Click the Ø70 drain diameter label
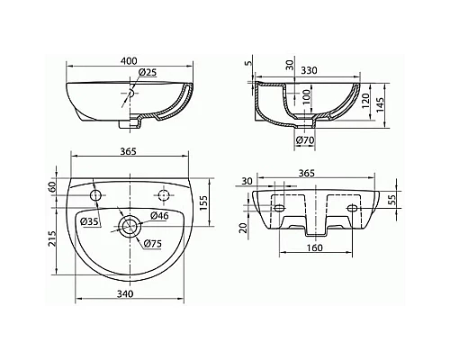pos(305,139)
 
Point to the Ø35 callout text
pos(89,221)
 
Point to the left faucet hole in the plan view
pos(96,195)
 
